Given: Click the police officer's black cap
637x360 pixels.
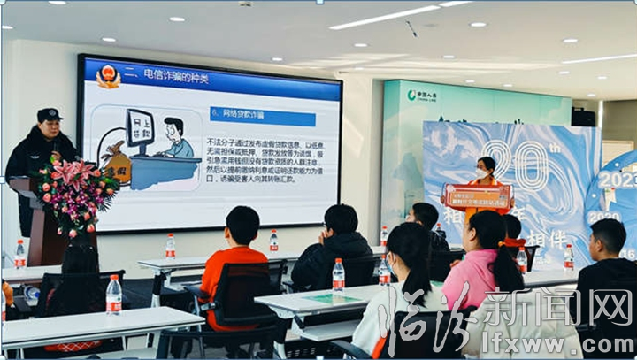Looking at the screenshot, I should coord(49,115).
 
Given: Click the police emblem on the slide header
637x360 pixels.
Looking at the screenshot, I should coord(107,76).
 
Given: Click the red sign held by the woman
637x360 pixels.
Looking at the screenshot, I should coord(478,195).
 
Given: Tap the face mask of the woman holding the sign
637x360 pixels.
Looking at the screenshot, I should coord(485,171).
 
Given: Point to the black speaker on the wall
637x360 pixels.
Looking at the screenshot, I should coord(582,118).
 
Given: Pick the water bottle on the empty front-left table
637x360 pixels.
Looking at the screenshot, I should coord(113,295).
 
